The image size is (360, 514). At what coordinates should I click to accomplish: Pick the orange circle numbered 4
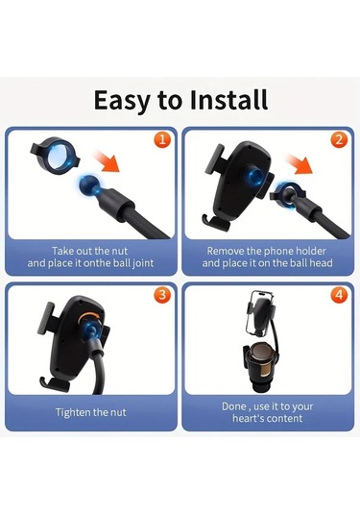[x=338, y=294]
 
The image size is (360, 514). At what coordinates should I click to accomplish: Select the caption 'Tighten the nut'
[x=91, y=412]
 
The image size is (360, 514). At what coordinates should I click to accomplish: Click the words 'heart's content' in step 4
[x=268, y=419]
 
